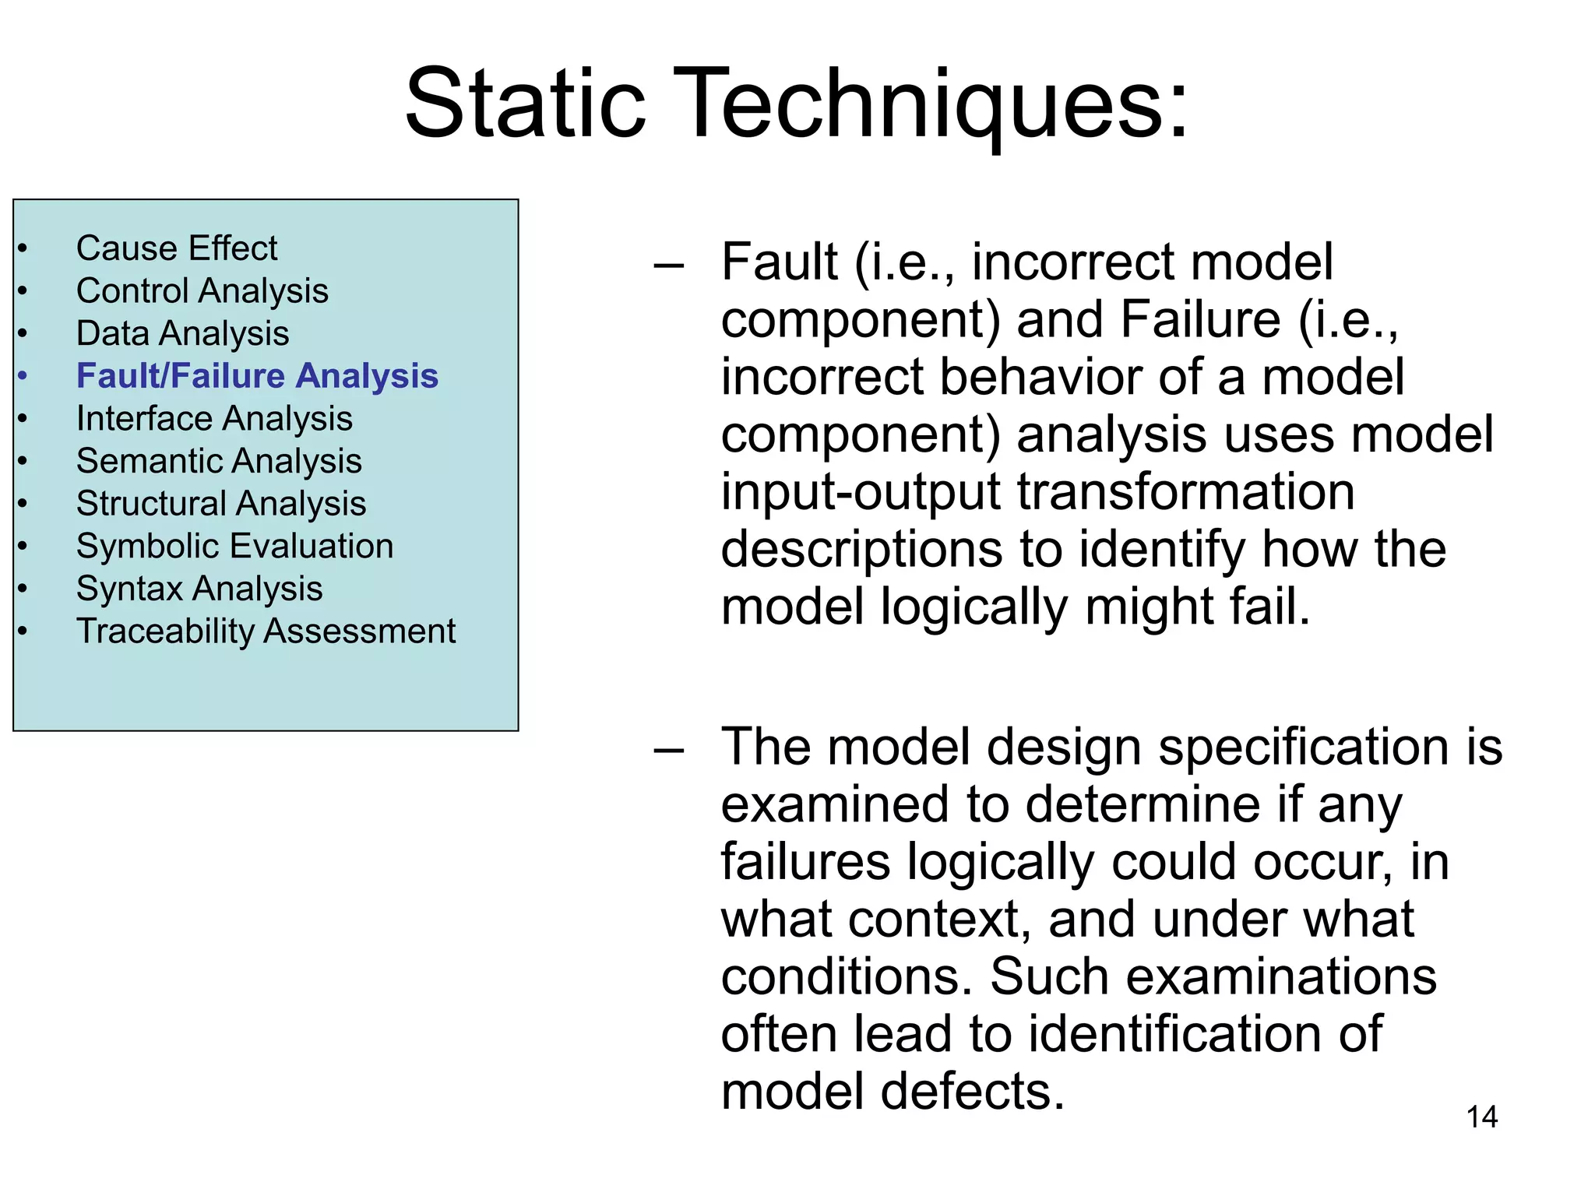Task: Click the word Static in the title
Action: [x=525, y=103]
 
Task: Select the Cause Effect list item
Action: [x=177, y=248]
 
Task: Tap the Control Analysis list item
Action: [x=202, y=291]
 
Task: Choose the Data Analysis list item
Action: [x=182, y=333]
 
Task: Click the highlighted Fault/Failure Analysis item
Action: [x=257, y=376]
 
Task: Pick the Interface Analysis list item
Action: [x=214, y=419]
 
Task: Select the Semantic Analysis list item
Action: [x=219, y=461]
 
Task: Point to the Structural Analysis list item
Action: [x=221, y=504]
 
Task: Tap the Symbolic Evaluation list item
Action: [x=234, y=546]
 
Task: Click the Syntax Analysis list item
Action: [x=199, y=589]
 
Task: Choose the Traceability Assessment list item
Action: [x=266, y=631]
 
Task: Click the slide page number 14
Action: [x=1481, y=1117]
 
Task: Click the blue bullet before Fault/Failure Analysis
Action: [x=23, y=377]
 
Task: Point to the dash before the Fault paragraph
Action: [x=669, y=266]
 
